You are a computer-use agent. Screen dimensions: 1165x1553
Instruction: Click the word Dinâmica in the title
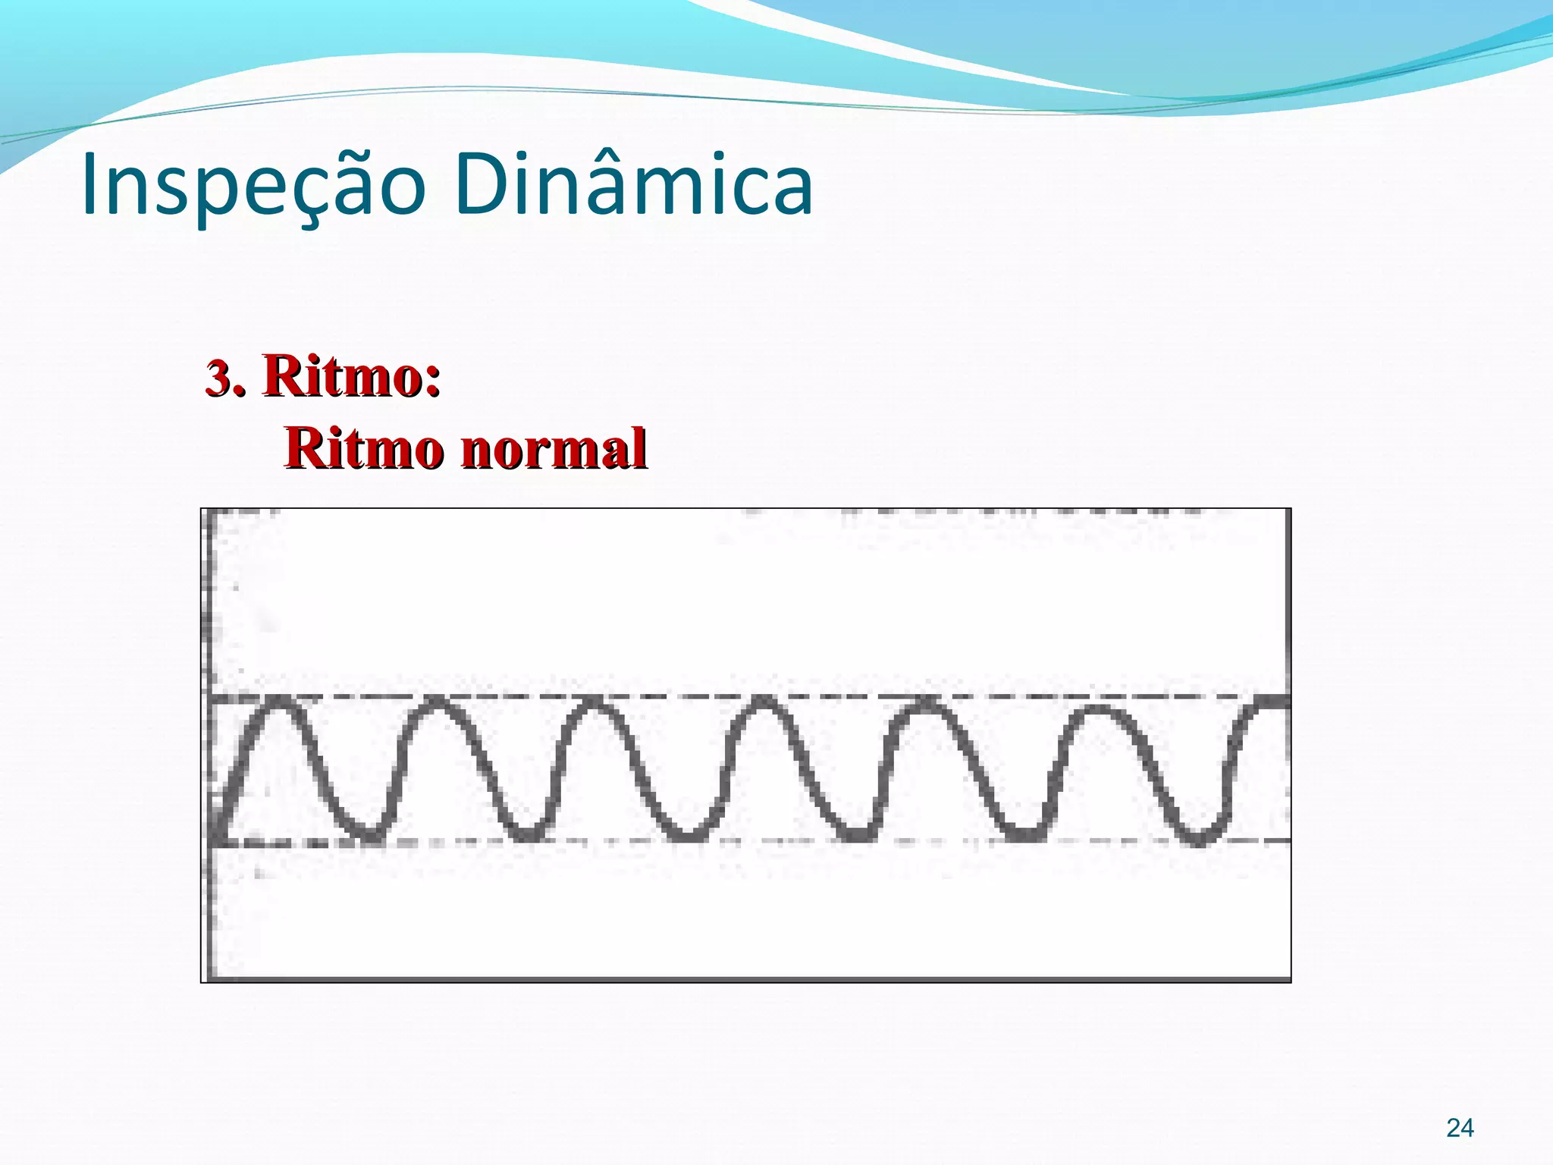(634, 184)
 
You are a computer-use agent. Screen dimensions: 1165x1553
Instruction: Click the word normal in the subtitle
(554, 448)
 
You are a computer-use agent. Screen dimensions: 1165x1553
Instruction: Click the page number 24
(1460, 1128)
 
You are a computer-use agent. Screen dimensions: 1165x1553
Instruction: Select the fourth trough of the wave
(858, 835)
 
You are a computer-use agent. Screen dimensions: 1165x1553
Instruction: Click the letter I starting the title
(90, 185)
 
